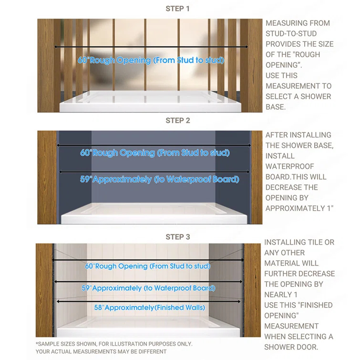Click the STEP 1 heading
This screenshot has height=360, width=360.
178,9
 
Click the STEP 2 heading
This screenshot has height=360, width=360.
178,121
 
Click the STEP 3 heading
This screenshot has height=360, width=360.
178,237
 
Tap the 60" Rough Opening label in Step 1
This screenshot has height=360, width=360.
151,61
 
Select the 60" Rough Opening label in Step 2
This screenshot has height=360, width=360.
154,153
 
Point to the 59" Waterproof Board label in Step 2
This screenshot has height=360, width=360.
159,179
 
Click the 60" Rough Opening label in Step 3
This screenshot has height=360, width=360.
148,266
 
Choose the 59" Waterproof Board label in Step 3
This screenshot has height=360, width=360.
148,288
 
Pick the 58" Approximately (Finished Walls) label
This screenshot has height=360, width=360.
149,308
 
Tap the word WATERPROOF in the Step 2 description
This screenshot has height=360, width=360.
290,166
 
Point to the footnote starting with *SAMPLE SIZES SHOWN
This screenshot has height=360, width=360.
114,344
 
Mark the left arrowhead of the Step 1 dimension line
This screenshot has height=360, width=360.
56,47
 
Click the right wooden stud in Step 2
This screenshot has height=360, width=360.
257,176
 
